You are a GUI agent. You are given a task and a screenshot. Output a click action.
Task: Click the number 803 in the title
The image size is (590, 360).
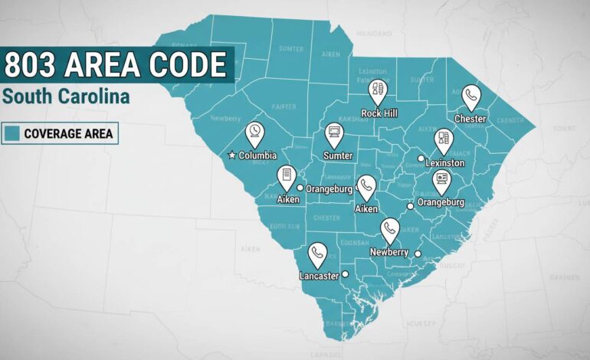(x=28, y=64)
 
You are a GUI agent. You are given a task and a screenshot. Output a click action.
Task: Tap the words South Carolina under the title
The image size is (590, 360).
(x=66, y=97)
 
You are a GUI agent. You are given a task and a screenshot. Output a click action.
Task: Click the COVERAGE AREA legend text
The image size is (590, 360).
(x=68, y=134)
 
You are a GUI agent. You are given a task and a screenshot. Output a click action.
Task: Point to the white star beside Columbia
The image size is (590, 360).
(x=232, y=155)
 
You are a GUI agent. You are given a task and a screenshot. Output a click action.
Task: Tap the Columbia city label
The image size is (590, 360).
(x=257, y=155)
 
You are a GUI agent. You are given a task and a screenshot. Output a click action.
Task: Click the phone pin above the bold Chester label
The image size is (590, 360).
(x=471, y=97)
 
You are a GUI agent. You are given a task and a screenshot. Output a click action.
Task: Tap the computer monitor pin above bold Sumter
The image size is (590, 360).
(x=333, y=136)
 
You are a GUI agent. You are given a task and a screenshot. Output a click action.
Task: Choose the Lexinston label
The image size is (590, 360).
(x=444, y=163)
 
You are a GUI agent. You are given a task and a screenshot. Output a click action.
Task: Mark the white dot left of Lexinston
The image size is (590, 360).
(x=421, y=159)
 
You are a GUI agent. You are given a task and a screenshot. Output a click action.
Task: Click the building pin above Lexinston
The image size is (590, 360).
(x=443, y=140)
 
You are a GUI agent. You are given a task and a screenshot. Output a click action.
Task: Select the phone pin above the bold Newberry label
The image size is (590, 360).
(x=390, y=230)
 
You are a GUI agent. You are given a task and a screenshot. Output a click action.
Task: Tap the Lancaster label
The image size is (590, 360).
(x=318, y=276)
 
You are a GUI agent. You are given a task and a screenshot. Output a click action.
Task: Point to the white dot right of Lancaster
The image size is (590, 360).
(x=346, y=274)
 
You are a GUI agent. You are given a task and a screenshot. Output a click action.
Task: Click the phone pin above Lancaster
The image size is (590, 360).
(x=317, y=254)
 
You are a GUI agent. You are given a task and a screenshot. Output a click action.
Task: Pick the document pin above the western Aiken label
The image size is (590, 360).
(x=287, y=176)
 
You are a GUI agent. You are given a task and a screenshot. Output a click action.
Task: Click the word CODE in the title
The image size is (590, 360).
(x=192, y=64)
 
